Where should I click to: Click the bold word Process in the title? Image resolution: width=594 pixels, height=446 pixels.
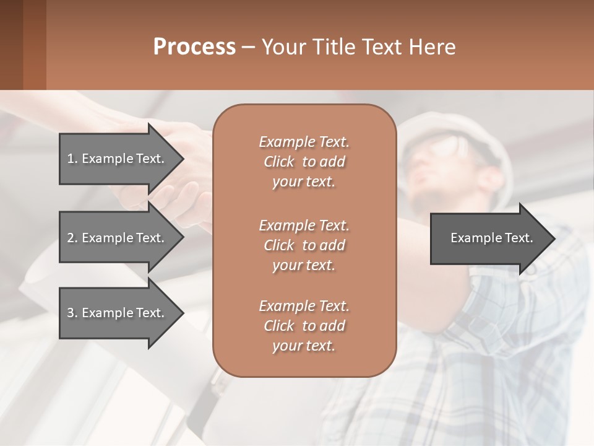coord(194,47)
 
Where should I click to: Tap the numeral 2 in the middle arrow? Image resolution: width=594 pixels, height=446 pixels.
coord(71,238)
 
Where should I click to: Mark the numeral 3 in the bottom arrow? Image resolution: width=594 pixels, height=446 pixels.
coord(71,313)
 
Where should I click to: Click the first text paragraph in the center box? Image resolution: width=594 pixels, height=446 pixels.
coord(304,162)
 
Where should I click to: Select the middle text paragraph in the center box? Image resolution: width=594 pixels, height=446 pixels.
coord(304,245)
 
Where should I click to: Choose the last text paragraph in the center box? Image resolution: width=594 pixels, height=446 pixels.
coord(304,326)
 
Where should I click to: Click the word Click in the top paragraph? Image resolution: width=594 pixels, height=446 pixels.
coord(278,162)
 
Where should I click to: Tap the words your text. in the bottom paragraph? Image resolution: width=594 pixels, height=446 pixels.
coord(304,346)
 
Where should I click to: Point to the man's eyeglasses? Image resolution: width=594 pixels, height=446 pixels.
coord(447,147)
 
